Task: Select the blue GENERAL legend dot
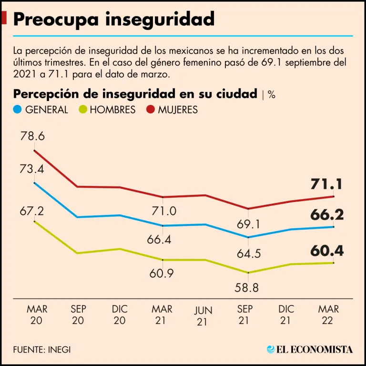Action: coord(18,110)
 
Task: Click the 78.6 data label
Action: coord(32,137)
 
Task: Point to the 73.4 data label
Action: coord(32,168)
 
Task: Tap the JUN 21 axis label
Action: coord(203,316)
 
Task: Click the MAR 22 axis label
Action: coord(328,315)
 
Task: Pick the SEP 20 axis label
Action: coord(79,315)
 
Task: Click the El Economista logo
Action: coord(310,349)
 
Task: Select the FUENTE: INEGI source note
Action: coord(42,349)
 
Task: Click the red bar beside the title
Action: coord(4,19)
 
